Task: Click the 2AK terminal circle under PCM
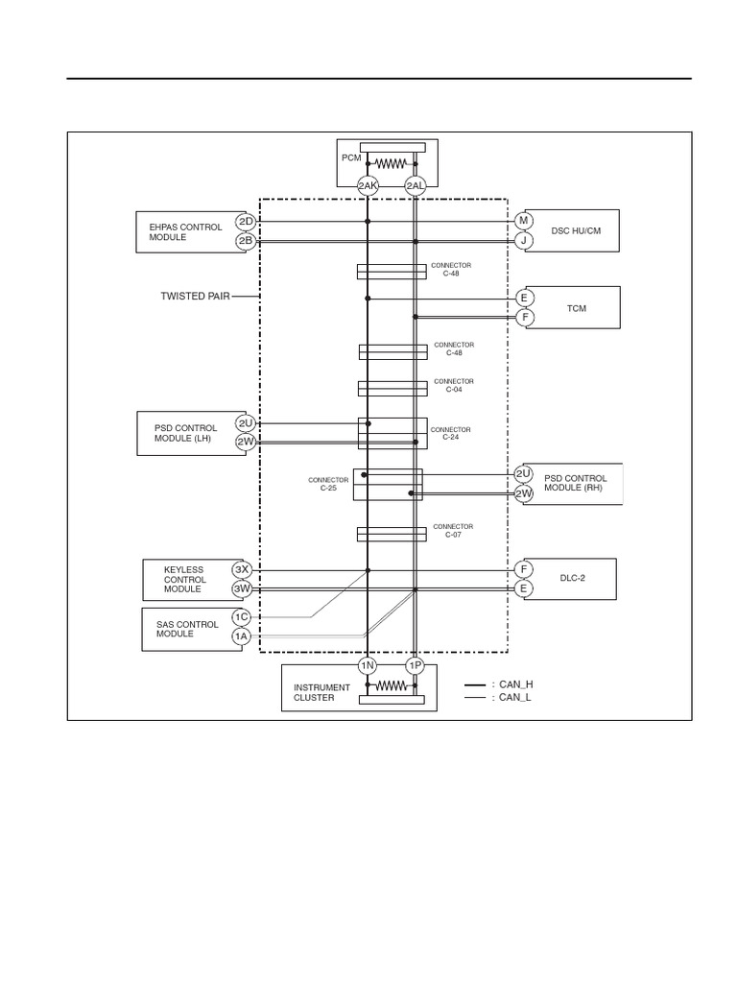point(368,186)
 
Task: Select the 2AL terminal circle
point(416,186)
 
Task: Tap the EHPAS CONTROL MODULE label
point(185,232)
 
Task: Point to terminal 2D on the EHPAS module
point(246,222)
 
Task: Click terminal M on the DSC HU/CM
point(524,221)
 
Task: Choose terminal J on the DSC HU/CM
point(524,240)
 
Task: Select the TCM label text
point(576,308)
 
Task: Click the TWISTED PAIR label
point(196,297)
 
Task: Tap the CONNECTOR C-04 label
point(454,385)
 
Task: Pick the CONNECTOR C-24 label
point(451,433)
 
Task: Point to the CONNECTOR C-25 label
point(321,484)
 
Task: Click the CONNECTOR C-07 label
point(453,530)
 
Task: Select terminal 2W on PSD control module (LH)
point(246,442)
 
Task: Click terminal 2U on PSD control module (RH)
point(524,474)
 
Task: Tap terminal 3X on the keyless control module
point(242,569)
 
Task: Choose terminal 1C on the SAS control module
point(240,616)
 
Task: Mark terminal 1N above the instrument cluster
point(367,665)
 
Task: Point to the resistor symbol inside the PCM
point(392,163)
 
